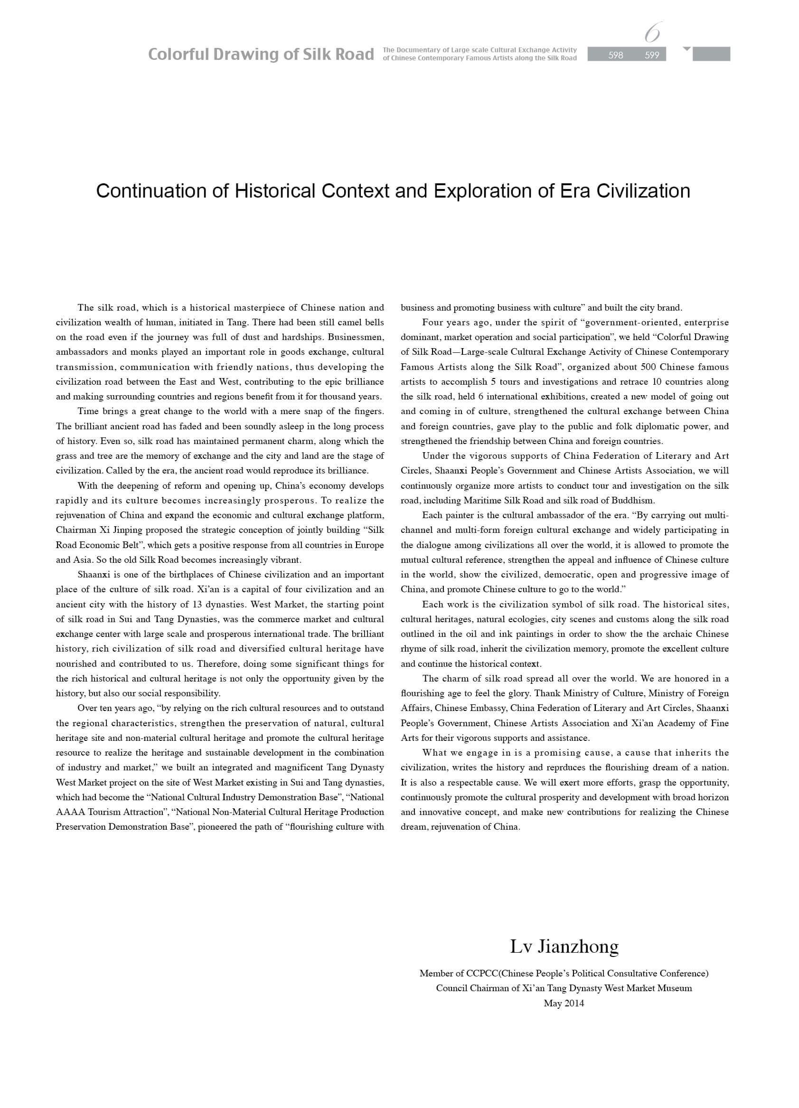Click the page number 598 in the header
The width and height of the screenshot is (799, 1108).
pos(615,55)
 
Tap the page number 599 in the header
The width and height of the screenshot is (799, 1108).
pos(651,55)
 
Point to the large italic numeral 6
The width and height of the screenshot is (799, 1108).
pos(652,33)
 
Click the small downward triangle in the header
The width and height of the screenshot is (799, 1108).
pos(686,49)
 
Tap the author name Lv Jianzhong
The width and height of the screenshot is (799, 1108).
pos(564,947)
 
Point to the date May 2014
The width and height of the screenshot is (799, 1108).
pos(564,1004)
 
